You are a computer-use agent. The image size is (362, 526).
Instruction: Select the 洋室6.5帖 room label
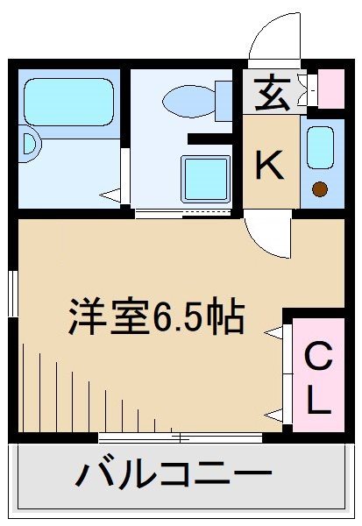157,316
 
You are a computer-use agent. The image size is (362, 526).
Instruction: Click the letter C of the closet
319,358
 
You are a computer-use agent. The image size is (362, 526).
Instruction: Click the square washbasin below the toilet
205,179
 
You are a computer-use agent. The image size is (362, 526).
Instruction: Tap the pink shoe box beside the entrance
331,88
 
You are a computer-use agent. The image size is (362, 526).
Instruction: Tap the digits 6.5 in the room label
186,316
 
